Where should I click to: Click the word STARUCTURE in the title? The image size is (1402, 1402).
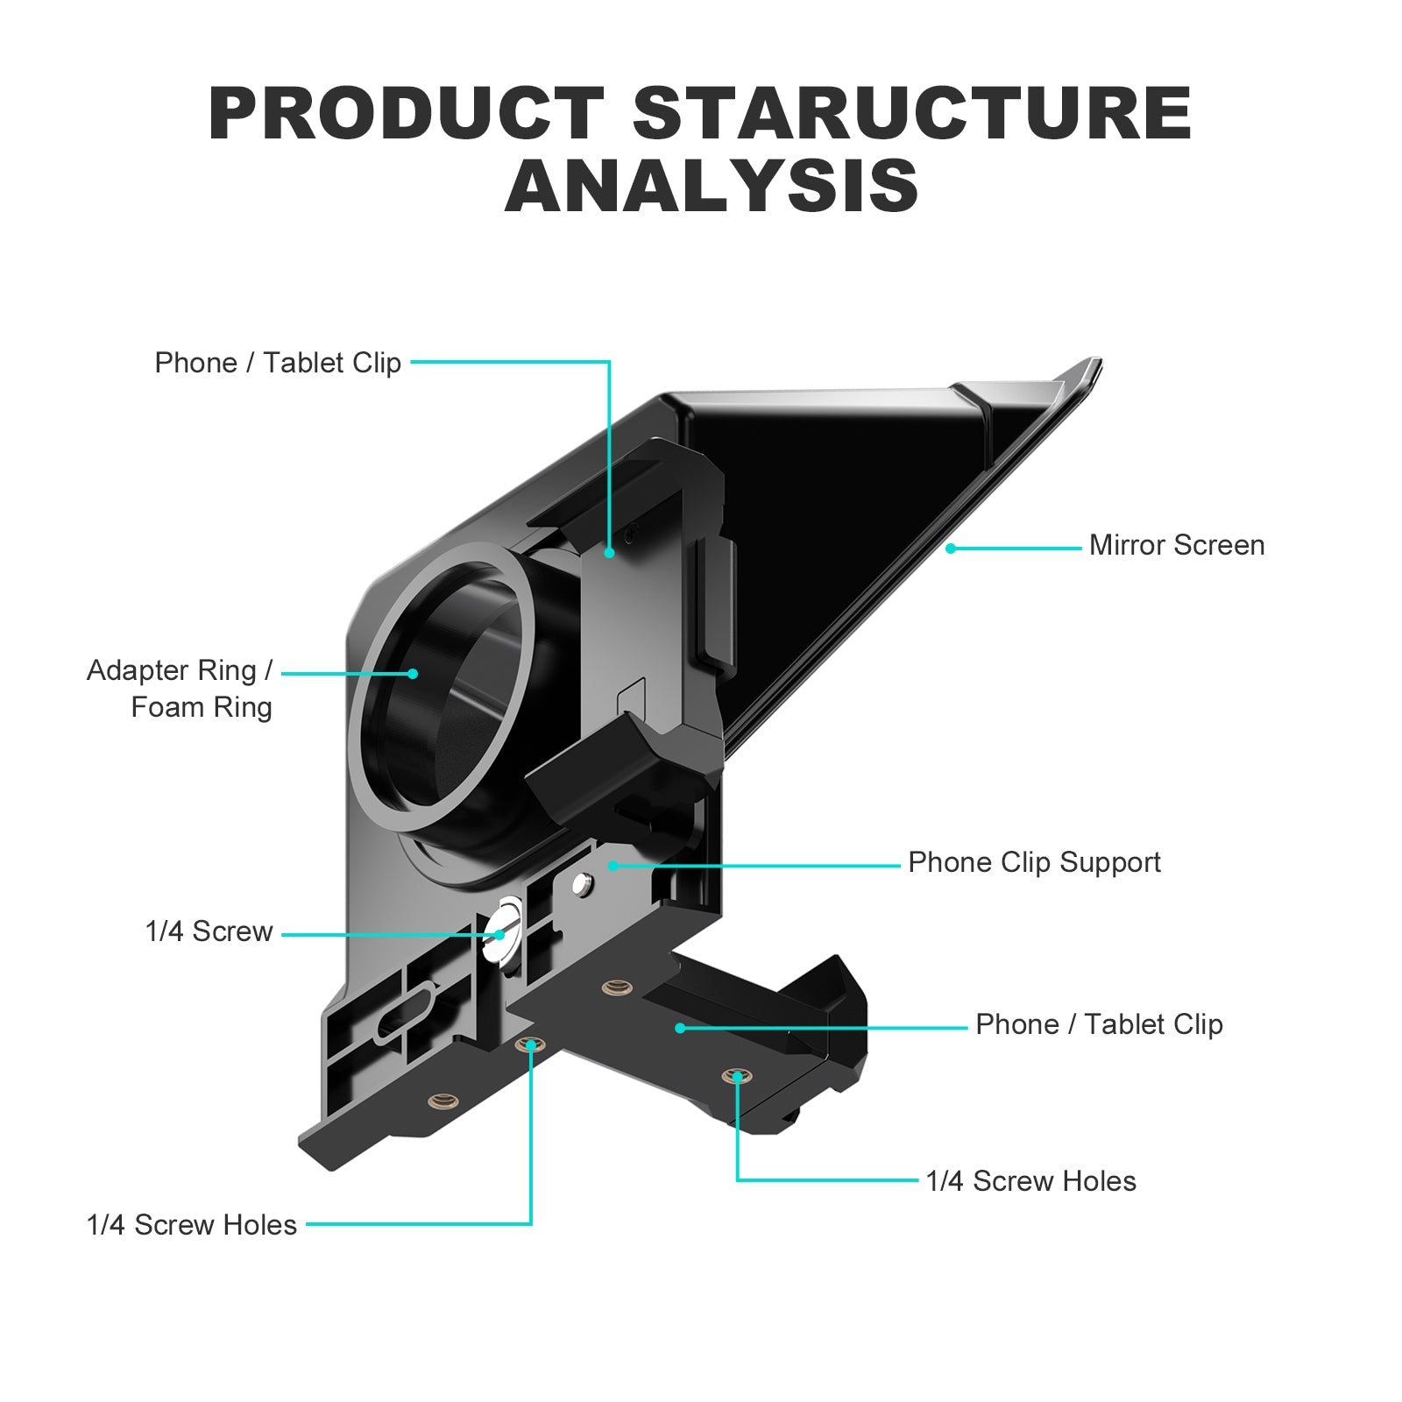(911, 114)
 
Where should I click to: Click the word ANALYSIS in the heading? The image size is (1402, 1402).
(712, 187)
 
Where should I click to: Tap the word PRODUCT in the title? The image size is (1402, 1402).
(406, 114)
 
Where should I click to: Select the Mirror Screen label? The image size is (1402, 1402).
(1176, 545)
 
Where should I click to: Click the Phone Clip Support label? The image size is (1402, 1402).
(1034, 862)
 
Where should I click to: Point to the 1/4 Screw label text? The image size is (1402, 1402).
(209, 931)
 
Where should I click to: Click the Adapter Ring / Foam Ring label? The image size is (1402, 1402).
(180, 689)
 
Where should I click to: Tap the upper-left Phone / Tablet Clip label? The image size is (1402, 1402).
(278, 363)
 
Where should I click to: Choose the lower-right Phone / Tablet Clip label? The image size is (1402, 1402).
(1099, 1024)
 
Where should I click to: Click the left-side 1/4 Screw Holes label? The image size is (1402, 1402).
(191, 1225)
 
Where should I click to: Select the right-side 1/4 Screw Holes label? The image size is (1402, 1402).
(1030, 1181)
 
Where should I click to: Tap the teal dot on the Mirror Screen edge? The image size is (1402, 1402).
(951, 549)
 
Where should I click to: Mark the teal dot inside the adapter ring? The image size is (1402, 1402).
(413, 674)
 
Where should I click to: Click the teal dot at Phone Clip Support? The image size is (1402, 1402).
(613, 866)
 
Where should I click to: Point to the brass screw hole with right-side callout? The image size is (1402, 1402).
(738, 1076)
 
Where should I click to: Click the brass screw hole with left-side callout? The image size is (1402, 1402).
(530, 1045)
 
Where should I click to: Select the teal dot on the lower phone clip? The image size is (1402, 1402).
(680, 1027)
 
